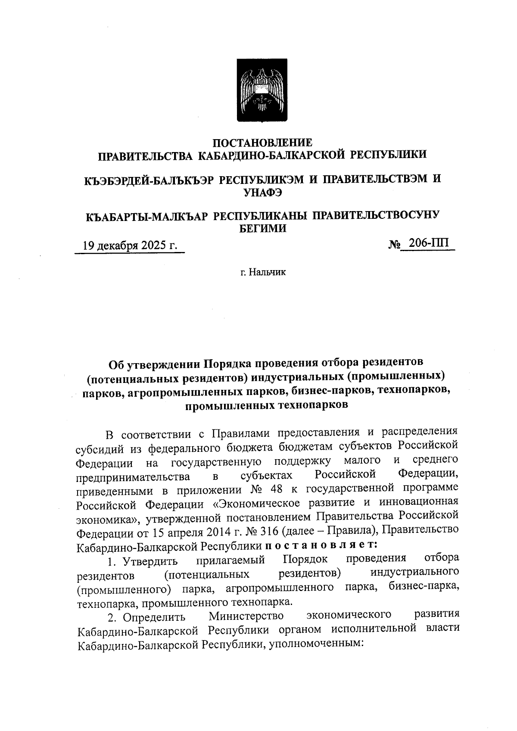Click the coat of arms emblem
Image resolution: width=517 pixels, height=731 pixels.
(x=259, y=90)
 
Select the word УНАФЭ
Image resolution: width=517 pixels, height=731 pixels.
(x=263, y=193)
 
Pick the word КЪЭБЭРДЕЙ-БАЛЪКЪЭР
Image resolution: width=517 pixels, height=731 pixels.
(x=150, y=180)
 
